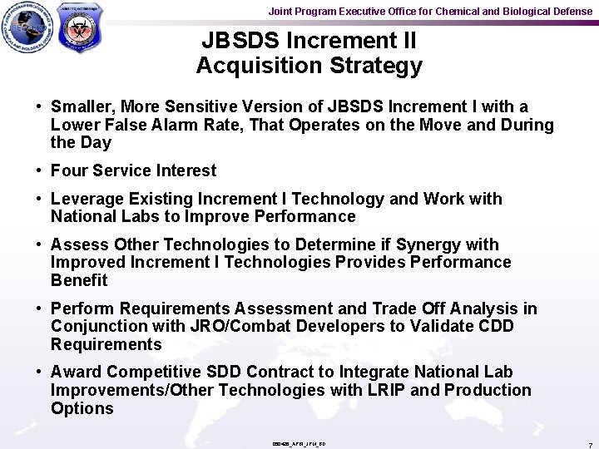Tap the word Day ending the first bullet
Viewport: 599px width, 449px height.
[x=96, y=143]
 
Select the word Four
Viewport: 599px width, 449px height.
[x=69, y=170]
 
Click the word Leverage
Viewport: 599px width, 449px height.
[x=87, y=199]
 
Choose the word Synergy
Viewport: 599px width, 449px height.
[x=428, y=244]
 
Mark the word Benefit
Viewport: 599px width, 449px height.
[x=79, y=280]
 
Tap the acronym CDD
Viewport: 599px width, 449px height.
[x=495, y=327]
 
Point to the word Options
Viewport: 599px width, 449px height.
[x=82, y=408]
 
